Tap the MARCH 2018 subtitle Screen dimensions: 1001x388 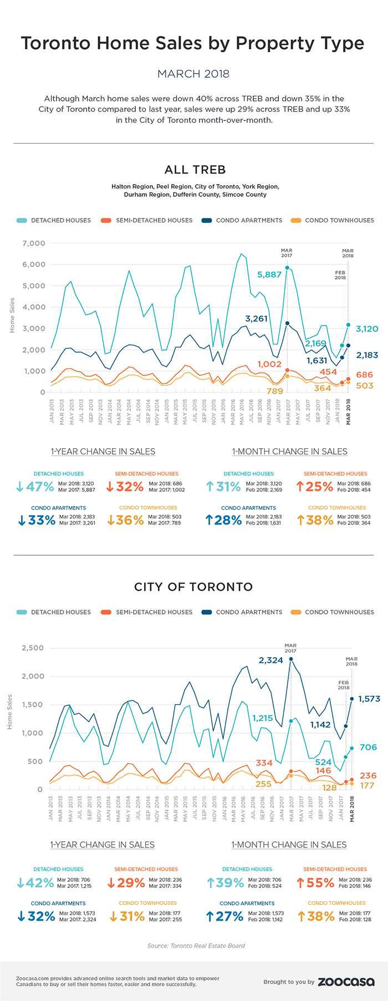193,74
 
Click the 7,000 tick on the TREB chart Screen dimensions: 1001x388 34,243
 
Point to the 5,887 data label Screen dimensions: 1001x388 269,275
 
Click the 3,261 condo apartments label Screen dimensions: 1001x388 257,319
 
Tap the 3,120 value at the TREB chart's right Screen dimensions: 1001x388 367,329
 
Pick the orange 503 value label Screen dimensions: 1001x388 365,386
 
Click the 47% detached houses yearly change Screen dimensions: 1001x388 40,487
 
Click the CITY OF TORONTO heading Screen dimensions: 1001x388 193,587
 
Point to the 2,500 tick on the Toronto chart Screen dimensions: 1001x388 32,648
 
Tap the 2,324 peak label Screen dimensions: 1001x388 271,660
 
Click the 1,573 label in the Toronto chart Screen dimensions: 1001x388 369,699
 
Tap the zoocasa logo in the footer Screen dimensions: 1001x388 346,982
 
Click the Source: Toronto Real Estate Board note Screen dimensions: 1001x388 196,946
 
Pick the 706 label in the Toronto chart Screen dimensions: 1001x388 368,748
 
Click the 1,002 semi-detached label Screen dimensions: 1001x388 269,364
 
